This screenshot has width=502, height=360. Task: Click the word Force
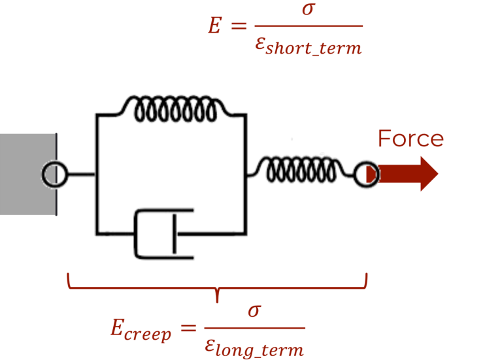click(410, 139)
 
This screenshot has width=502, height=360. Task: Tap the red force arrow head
click(427, 174)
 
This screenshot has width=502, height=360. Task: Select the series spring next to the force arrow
click(301, 170)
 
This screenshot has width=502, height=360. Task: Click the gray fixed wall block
click(26, 174)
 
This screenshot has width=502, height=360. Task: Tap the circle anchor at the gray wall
click(54, 174)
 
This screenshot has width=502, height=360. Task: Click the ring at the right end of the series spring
click(366, 174)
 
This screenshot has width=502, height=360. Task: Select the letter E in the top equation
click(214, 26)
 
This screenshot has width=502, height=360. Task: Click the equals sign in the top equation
click(239, 26)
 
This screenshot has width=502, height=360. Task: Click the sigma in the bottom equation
click(254, 310)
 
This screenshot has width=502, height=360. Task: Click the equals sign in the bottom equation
click(188, 328)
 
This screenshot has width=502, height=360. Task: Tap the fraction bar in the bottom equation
click(254, 329)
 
